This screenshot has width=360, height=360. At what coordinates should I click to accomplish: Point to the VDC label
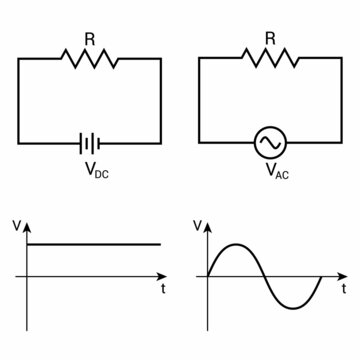point(92,172)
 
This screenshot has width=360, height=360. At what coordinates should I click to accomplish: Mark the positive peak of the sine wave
point(236,244)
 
